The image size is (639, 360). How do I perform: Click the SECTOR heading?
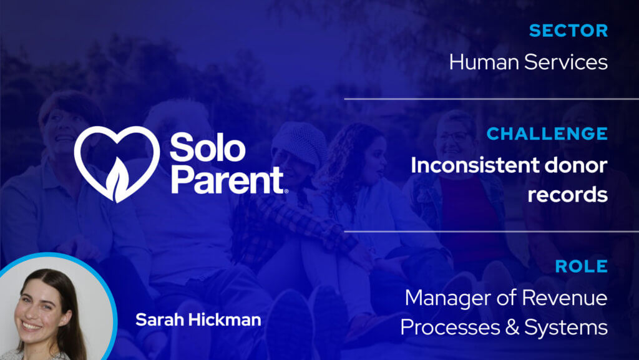(568, 31)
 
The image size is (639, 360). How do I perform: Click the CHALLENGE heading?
(547, 134)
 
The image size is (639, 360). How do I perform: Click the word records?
(567, 195)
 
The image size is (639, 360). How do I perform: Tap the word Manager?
(444, 298)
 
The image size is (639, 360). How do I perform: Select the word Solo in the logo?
(207, 148)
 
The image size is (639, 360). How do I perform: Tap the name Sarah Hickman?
(198, 320)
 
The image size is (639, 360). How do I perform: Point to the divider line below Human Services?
(491, 99)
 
